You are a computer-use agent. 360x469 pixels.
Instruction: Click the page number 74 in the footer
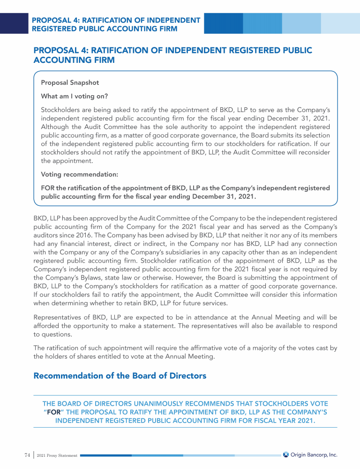27,455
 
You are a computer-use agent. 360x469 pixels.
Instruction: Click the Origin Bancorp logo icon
286,454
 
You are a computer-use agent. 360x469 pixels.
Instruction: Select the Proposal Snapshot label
70,83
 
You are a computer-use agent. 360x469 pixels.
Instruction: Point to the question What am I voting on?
75,97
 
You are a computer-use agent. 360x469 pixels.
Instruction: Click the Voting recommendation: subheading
79,174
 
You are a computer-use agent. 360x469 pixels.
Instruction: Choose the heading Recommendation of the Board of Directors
120,376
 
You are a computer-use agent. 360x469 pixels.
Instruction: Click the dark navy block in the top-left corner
14,23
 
